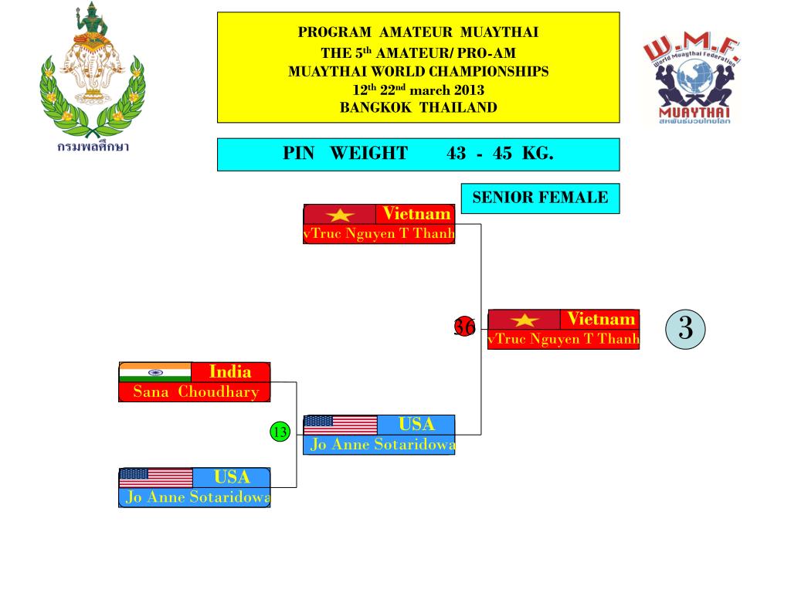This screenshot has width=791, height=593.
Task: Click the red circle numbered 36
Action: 464,327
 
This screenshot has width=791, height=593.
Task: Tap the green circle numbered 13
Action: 279,432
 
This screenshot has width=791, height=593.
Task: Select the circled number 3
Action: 685,328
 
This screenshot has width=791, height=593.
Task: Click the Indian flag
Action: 154,371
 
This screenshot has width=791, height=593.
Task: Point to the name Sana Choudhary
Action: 195,391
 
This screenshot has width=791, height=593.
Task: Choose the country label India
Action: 230,372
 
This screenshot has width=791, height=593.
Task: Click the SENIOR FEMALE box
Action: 540,198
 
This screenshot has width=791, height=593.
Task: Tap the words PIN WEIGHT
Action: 345,153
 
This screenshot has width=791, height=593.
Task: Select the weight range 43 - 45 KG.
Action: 500,153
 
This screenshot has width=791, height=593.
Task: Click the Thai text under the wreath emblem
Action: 92,147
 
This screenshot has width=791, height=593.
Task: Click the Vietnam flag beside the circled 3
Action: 525,320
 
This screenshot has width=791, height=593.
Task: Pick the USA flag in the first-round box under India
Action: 156,478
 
